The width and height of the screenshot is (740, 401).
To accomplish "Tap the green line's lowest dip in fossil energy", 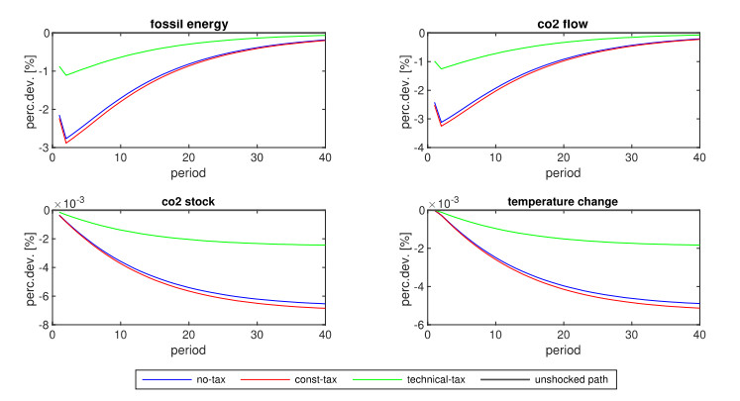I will tap(65, 75).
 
